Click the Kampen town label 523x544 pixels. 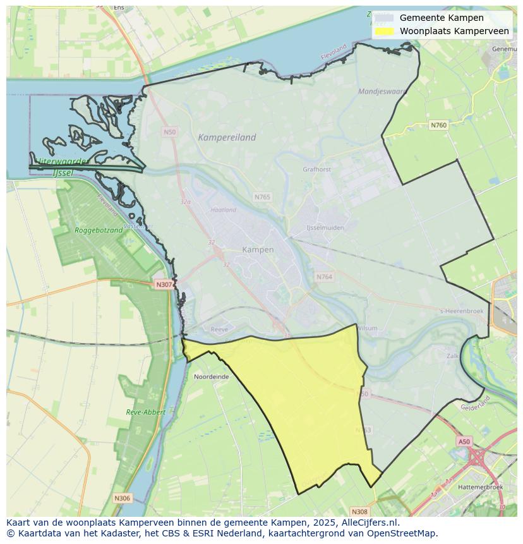(x=258, y=250)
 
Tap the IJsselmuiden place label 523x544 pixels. (x=325, y=227)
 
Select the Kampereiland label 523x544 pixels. (x=227, y=137)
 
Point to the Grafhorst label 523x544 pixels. (x=317, y=169)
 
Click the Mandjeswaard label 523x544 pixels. (x=382, y=91)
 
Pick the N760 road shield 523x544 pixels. (x=438, y=125)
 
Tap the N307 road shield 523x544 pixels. (x=164, y=284)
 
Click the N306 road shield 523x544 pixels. (x=122, y=499)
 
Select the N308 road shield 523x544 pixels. (x=359, y=511)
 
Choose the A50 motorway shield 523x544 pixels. (x=464, y=442)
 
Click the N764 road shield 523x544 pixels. (x=324, y=277)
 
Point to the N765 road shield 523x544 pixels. (x=262, y=197)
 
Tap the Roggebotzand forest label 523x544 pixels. (x=99, y=231)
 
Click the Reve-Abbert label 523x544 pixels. (x=145, y=412)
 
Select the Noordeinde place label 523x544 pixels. (x=212, y=377)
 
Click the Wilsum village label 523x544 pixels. (x=367, y=329)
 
